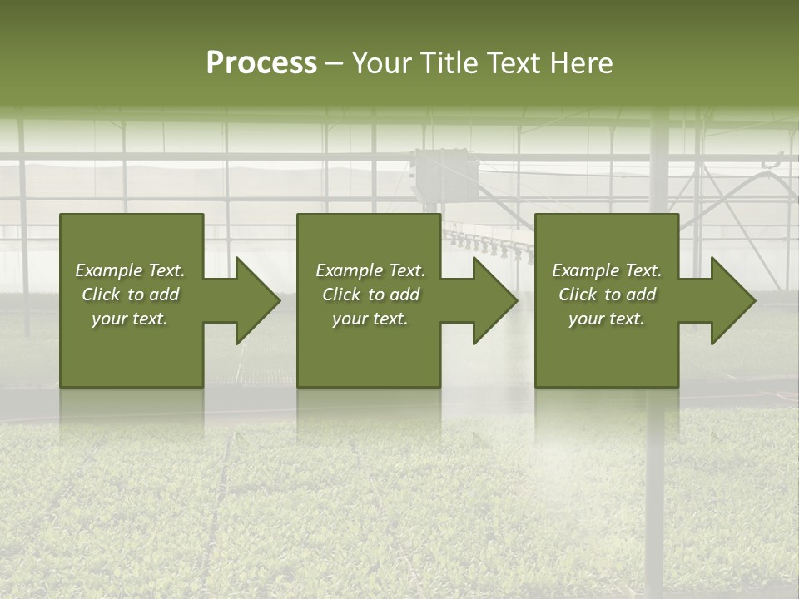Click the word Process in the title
261,63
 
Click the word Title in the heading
449,63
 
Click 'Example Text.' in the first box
130,270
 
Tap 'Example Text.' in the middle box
370,270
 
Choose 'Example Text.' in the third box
607,270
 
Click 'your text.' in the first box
130,319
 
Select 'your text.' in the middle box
370,319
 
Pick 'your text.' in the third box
607,319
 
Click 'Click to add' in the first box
130,295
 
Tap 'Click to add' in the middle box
370,295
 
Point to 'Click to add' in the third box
607,295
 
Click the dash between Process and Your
334,64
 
